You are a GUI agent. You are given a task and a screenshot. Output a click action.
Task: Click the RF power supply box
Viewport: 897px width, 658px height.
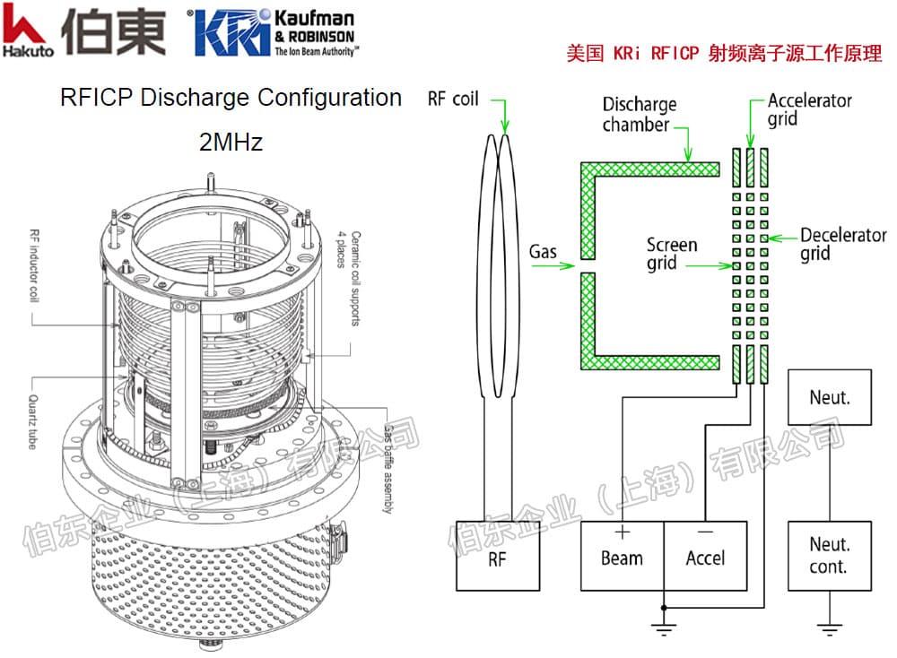click(498, 555)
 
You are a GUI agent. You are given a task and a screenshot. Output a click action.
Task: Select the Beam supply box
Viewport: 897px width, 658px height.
click(622, 555)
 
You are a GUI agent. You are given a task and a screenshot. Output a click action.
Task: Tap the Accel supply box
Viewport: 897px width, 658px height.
click(705, 555)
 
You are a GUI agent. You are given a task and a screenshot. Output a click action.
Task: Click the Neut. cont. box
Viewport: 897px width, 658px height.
click(828, 555)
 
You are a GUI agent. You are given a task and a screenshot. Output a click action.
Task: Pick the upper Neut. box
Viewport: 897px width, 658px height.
click(829, 395)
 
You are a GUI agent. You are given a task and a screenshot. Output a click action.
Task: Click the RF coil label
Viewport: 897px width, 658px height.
click(454, 99)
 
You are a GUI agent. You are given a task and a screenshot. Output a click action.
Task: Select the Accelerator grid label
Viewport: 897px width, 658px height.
click(809, 108)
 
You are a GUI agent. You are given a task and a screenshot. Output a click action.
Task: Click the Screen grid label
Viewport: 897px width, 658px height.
click(672, 254)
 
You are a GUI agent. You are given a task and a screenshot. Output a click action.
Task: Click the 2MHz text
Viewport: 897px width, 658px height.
click(231, 141)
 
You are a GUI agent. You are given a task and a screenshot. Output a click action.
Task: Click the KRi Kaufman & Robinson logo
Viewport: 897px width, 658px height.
click(274, 33)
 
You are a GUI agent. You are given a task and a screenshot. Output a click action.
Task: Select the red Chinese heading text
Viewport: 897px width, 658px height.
click(724, 53)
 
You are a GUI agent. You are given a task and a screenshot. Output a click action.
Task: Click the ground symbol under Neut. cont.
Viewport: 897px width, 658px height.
click(829, 628)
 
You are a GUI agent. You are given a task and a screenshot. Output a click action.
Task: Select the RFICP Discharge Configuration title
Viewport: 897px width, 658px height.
click(231, 97)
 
